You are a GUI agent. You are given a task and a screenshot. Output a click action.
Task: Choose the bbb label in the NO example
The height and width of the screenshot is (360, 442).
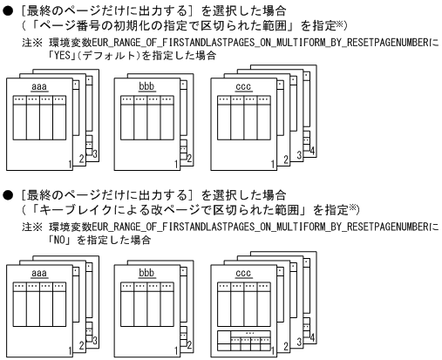(147, 273)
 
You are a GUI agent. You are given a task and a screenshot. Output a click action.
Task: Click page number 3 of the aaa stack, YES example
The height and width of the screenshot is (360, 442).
(94, 153)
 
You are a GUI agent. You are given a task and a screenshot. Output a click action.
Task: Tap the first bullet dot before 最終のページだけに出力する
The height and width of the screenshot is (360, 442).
(7, 7)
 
